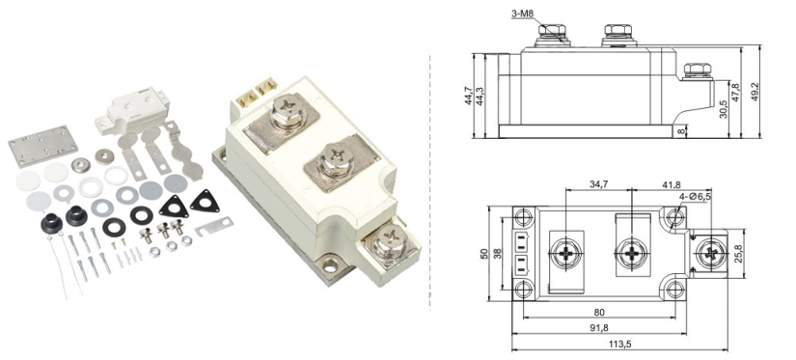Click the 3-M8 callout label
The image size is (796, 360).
tap(522, 14)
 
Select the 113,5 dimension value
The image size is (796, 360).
tap(619, 345)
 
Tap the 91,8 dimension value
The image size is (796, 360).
tap(599, 328)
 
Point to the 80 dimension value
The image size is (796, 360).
tap(599, 312)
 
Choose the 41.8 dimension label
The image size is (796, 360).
tap(672, 184)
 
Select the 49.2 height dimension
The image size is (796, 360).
tap(755, 92)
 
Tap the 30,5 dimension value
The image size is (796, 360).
tap(724, 109)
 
